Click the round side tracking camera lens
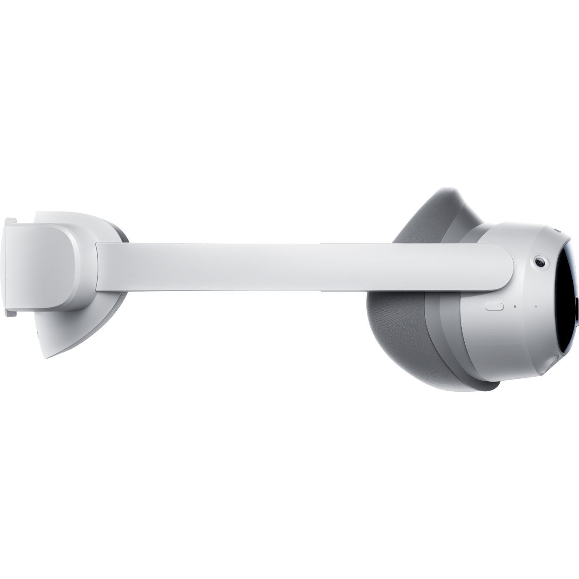[x=540, y=262]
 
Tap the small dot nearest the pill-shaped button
[x=515, y=307]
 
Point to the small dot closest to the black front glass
[x=536, y=307]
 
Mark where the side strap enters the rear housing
[x=97, y=267]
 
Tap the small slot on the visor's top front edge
[x=557, y=230]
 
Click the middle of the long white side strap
[x=300, y=267]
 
